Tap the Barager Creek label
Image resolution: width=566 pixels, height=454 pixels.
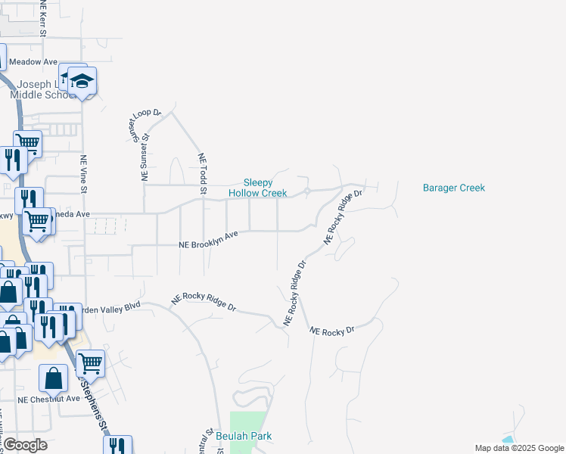pos(453,188)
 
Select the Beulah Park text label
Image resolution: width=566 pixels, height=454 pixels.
pos(244,436)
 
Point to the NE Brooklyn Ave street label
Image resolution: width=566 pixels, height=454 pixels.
pos(208,240)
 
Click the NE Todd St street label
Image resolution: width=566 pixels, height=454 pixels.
pos(202,173)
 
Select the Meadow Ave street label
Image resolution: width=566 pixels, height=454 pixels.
pos(33,62)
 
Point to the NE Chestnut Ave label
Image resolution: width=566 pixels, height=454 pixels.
pos(48,399)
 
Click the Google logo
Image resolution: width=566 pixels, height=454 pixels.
pos(26,444)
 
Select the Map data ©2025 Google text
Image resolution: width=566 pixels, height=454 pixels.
pos(518,448)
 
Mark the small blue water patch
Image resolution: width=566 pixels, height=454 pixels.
pos(508,440)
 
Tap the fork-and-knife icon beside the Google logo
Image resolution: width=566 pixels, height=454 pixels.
pos(117,445)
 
